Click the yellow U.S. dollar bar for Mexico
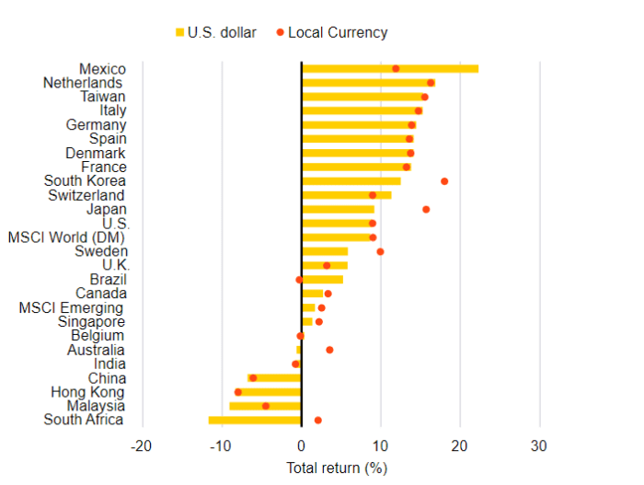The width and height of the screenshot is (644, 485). pyautogui.click(x=390, y=68)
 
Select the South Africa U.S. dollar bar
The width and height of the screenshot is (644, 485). pyautogui.click(x=255, y=421)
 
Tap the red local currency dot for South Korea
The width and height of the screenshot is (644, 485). pyautogui.click(x=444, y=181)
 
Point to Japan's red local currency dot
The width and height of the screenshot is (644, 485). pyautogui.click(x=426, y=209)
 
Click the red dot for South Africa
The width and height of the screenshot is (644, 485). pyautogui.click(x=318, y=421)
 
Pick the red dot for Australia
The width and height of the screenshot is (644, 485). pyautogui.click(x=329, y=350)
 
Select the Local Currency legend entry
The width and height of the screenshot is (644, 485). pyautogui.click(x=332, y=32)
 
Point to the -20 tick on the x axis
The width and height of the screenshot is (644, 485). pyautogui.click(x=141, y=446)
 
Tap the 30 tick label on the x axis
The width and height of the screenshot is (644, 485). pyautogui.click(x=539, y=446)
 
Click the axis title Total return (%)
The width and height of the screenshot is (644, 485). pyautogui.click(x=337, y=468)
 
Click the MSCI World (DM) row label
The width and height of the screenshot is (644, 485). pyautogui.click(x=66, y=237)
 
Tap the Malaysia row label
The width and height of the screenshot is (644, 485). pyautogui.click(x=97, y=406)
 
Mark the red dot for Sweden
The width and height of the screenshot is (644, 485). pyautogui.click(x=380, y=251)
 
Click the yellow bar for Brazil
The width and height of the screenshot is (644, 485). pyautogui.click(x=322, y=280)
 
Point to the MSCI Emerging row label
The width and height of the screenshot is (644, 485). pyautogui.click(x=71, y=307)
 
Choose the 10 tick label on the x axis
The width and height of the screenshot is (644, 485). pyautogui.click(x=380, y=446)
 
